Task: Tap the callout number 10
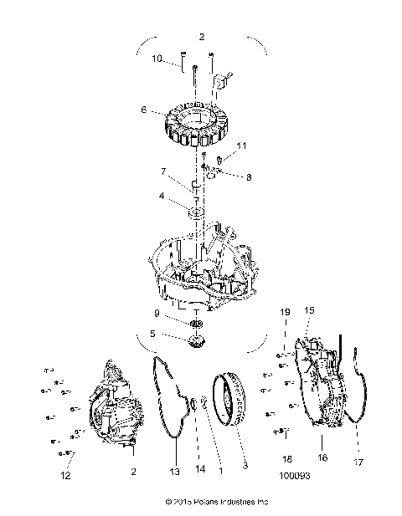pos(157,59)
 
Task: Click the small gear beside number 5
pos(198,341)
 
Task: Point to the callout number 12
pos(66,476)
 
